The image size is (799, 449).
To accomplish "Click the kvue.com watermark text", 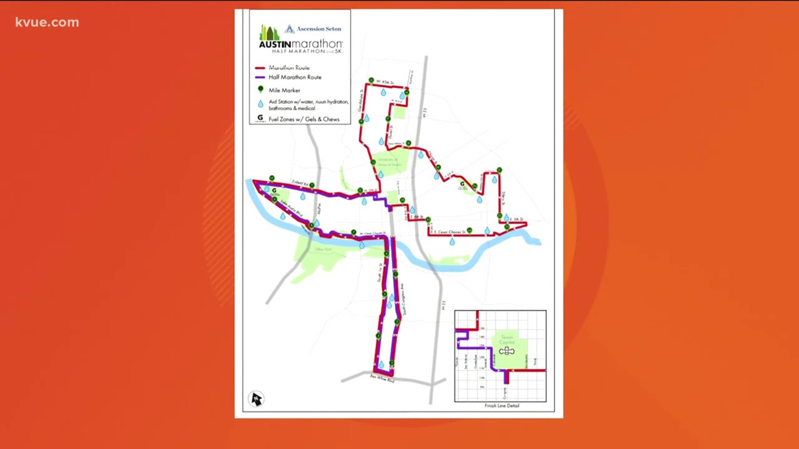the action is coord(47,22).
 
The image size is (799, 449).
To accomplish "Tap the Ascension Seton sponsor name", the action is coord(318,29).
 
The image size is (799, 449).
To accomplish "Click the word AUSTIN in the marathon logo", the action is coord(275,44).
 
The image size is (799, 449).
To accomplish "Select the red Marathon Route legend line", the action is coord(260,68).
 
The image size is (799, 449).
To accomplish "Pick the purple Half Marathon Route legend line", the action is coord(260,77).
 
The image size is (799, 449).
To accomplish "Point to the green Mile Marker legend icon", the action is coord(261,89).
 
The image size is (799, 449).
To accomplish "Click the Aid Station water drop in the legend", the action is coord(261,104).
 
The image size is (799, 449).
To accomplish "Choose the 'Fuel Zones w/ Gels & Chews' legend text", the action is coord(304,119).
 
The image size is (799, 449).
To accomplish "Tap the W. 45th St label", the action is coord(385,82).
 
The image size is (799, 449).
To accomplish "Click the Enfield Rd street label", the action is coord(300,183).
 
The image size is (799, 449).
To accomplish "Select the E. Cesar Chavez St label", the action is coord(451,232).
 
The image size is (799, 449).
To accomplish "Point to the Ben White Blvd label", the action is coord(382,378).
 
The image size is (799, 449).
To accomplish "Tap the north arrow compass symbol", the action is coord(256,399).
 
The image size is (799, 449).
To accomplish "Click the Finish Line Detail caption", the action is coord(501,406).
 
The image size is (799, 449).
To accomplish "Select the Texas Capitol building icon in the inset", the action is coord(506,351).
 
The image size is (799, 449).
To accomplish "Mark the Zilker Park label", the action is coord(323,249).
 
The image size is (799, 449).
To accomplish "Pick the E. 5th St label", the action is coord(516,219).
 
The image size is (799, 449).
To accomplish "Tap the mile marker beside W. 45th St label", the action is coord(371,80).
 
